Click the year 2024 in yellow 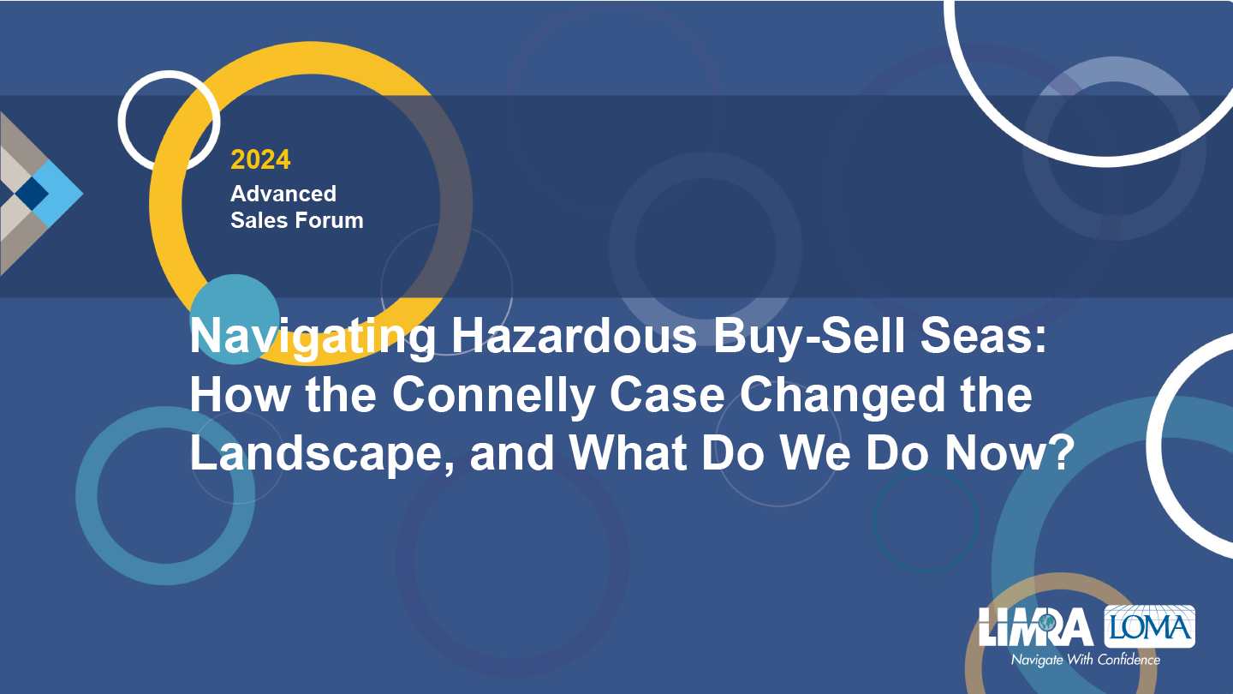click(x=260, y=159)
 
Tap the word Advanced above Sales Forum click(x=283, y=194)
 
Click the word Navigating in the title click(x=313, y=337)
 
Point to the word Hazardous click(x=574, y=336)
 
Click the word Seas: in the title click(x=984, y=336)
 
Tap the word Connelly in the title click(x=493, y=395)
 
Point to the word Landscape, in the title click(x=323, y=453)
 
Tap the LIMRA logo click(x=1035, y=627)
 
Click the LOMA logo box click(x=1149, y=626)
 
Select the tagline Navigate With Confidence click(x=1086, y=660)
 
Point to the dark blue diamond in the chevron click(x=32, y=194)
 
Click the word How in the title click(x=240, y=395)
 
